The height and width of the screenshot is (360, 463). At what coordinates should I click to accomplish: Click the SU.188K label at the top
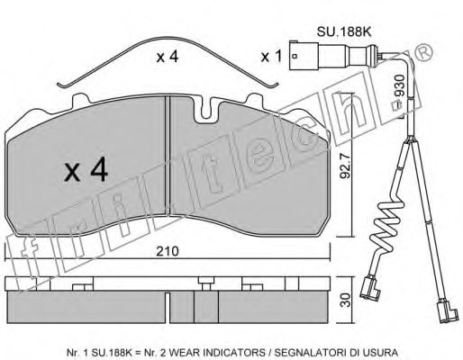[x=344, y=31]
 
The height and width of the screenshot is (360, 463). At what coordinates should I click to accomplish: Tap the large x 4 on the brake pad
[x=86, y=169]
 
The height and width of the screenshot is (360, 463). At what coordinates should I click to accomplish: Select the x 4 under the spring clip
[x=168, y=57]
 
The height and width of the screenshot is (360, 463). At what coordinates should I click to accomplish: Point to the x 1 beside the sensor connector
[x=271, y=56]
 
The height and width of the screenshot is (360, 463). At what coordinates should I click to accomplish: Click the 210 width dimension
[x=168, y=251]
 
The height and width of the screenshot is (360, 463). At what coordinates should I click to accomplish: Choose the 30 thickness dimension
[x=346, y=300]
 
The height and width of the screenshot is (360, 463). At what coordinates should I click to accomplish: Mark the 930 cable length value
[x=400, y=85]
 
